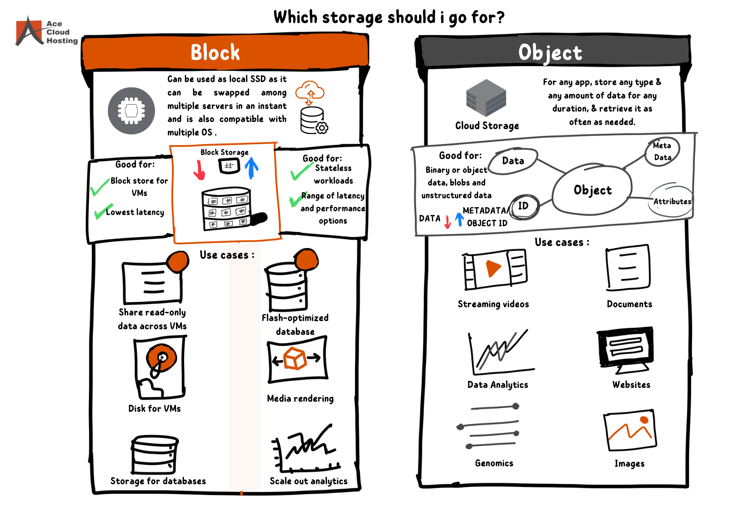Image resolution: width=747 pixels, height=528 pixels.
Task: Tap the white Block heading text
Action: (x=215, y=52)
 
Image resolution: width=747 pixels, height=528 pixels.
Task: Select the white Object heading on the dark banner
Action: (x=550, y=53)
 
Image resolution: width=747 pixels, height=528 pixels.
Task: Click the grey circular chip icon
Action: (x=131, y=111)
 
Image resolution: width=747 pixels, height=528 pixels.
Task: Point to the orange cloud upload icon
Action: (x=310, y=92)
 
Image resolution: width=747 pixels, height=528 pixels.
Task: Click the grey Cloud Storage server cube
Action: (x=486, y=98)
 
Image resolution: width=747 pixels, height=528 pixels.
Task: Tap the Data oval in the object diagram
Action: (x=513, y=161)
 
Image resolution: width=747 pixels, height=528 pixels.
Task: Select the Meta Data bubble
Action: (x=662, y=151)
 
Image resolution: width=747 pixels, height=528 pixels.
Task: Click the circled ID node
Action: (x=524, y=206)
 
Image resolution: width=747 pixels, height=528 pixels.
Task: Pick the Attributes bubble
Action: (x=672, y=201)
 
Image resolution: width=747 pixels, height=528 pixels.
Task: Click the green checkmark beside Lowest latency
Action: (x=103, y=211)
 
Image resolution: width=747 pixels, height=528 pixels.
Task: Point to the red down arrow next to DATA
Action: (x=447, y=222)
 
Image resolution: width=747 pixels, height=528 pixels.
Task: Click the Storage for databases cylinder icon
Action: (x=154, y=454)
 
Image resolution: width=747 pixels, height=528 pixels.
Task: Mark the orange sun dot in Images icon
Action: (x=644, y=420)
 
